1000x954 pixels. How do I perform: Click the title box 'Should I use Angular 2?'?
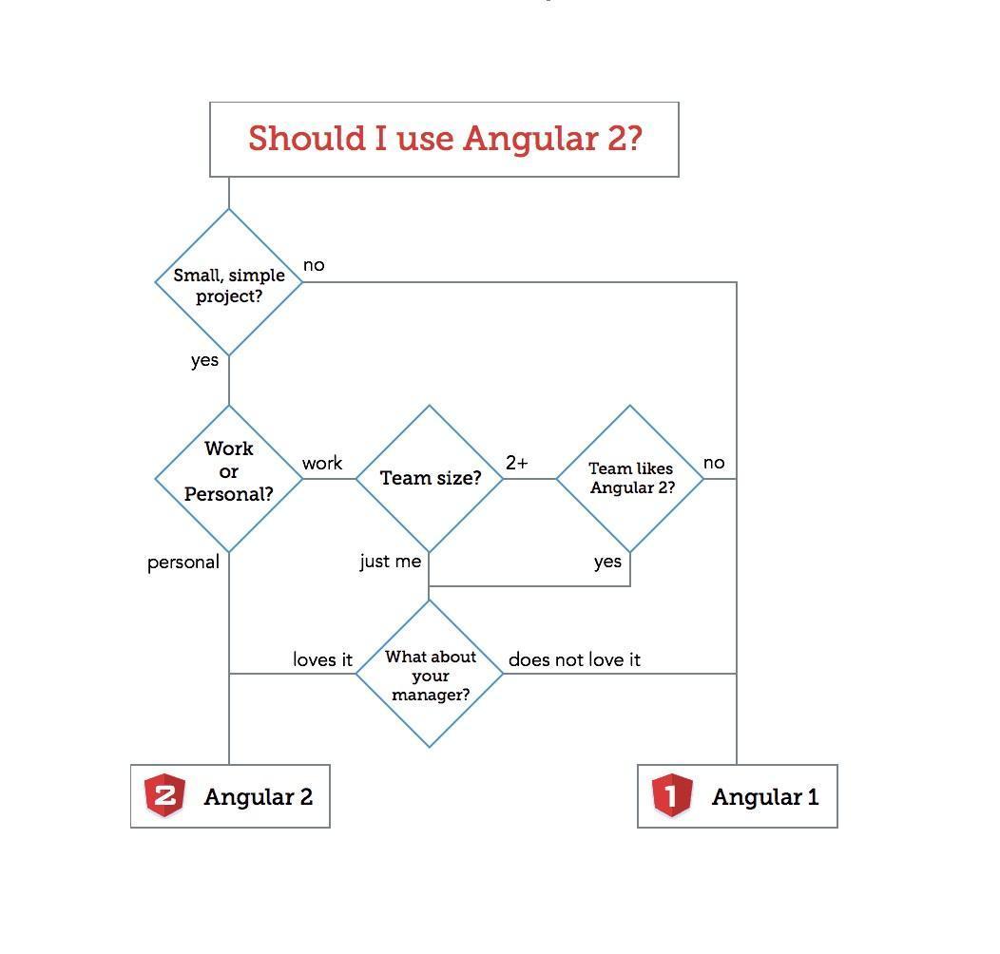(444, 139)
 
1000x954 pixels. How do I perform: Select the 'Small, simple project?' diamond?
(229, 284)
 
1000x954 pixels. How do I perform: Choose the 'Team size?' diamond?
(430, 478)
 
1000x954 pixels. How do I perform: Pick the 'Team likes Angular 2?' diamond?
(630, 478)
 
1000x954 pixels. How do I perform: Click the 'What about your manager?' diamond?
(430, 675)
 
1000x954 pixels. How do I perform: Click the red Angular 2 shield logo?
(164, 795)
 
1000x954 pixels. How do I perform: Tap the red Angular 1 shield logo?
(671, 795)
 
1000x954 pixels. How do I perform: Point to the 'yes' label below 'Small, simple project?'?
(204, 361)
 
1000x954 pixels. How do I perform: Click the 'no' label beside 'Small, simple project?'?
(314, 265)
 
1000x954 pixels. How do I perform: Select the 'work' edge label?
(322, 464)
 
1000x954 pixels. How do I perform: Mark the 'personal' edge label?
(183, 563)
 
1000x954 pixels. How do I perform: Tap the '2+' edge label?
(517, 463)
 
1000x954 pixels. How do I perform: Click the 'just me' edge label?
(390, 562)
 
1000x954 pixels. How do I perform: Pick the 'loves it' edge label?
(322, 659)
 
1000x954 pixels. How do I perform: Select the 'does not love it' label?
(574, 659)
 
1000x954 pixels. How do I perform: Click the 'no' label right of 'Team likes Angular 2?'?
(714, 463)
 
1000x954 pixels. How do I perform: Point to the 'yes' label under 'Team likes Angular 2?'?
(607, 562)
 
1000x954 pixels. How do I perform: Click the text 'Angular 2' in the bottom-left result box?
(258, 796)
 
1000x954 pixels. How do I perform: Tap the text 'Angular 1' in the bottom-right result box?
(764, 796)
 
